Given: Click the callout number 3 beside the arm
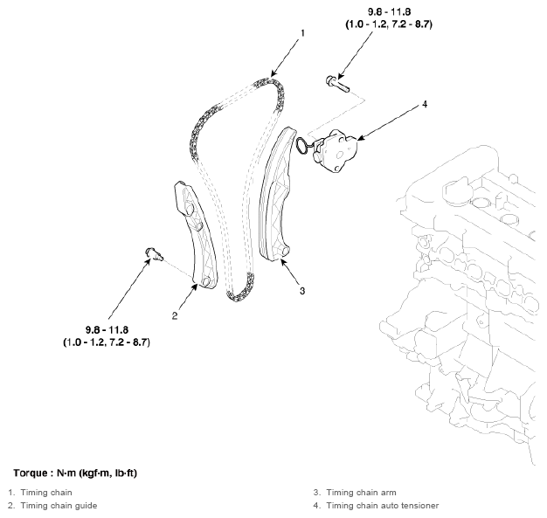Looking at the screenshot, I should pos(301,290).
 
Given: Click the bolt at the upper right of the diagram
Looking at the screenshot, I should pos(337,84).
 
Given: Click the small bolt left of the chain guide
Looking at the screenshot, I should pos(154,253).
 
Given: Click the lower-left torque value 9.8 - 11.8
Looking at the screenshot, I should pos(106,328).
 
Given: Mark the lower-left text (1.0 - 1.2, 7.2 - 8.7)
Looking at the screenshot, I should pos(106,342).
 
